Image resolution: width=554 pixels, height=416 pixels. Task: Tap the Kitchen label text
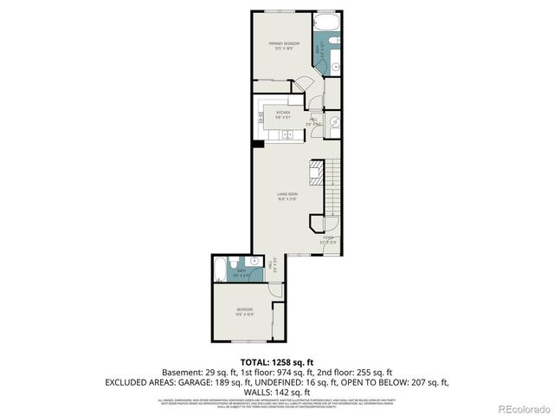(x=283, y=114)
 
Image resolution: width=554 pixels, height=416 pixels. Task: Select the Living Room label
(x=288, y=195)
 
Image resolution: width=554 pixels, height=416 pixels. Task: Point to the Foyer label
(x=328, y=239)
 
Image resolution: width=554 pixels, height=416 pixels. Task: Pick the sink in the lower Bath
(x=254, y=261)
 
